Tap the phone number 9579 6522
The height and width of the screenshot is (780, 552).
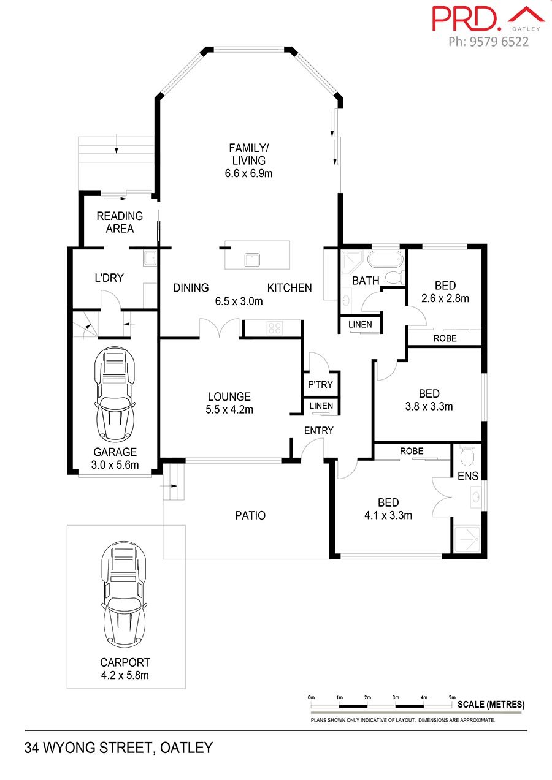click(x=499, y=42)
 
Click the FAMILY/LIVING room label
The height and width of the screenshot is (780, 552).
click(x=249, y=154)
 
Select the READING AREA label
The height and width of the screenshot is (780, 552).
click(x=120, y=222)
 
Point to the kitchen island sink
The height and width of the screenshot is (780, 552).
click(x=252, y=260)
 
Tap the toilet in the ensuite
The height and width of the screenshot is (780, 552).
click(x=467, y=456)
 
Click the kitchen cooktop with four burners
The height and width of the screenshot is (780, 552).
click(x=275, y=328)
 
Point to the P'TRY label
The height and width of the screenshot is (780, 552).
click(x=320, y=384)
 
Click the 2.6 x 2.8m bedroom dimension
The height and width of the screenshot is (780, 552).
click(x=445, y=298)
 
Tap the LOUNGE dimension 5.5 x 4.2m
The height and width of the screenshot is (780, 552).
click(x=229, y=409)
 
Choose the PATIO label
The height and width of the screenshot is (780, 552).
click(x=250, y=515)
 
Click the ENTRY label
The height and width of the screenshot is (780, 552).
click(x=318, y=430)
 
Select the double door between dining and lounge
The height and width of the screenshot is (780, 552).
click(x=220, y=328)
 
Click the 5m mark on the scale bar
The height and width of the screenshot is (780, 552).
click(x=452, y=697)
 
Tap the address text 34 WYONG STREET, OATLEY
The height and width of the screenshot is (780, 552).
click(x=118, y=748)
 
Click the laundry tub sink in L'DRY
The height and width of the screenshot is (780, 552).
click(x=150, y=259)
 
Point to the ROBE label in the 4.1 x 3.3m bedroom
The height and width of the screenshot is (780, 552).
click(x=412, y=451)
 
